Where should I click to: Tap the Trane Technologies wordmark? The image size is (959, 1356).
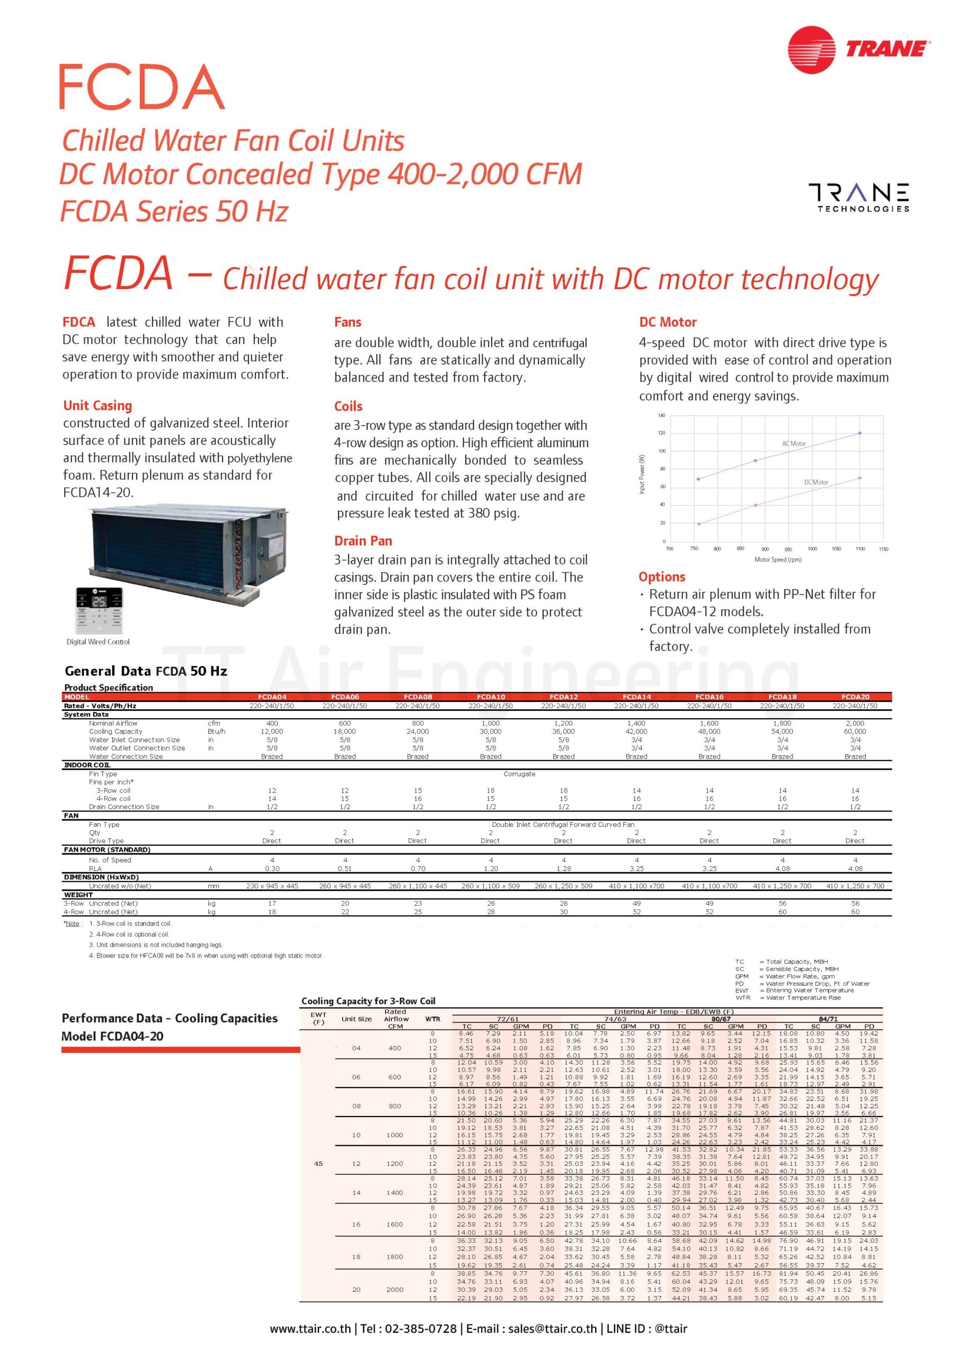(x=858, y=197)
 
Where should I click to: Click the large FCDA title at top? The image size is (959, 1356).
(x=142, y=87)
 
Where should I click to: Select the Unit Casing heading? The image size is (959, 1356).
(x=97, y=406)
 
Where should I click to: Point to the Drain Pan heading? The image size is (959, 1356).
(x=363, y=541)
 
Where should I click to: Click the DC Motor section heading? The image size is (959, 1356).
(x=668, y=323)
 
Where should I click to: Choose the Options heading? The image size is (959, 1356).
(x=662, y=577)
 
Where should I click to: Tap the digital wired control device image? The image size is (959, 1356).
(x=98, y=611)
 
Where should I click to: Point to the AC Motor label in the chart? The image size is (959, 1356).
(x=794, y=443)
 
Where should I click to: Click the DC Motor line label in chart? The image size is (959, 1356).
(x=815, y=483)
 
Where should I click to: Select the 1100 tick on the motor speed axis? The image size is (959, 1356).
(x=860, y=549)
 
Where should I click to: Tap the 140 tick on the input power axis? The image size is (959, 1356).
(x=661, y=416)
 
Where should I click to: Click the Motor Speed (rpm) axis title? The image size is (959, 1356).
(x=778, y=559)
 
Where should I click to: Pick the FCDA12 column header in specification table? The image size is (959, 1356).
(x=563, y=697)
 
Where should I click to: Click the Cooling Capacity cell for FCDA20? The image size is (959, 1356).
(x=855, y=731)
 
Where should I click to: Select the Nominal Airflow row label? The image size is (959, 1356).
(x=113, y=723)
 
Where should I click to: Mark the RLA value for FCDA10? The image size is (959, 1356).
(x=491, y=869)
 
